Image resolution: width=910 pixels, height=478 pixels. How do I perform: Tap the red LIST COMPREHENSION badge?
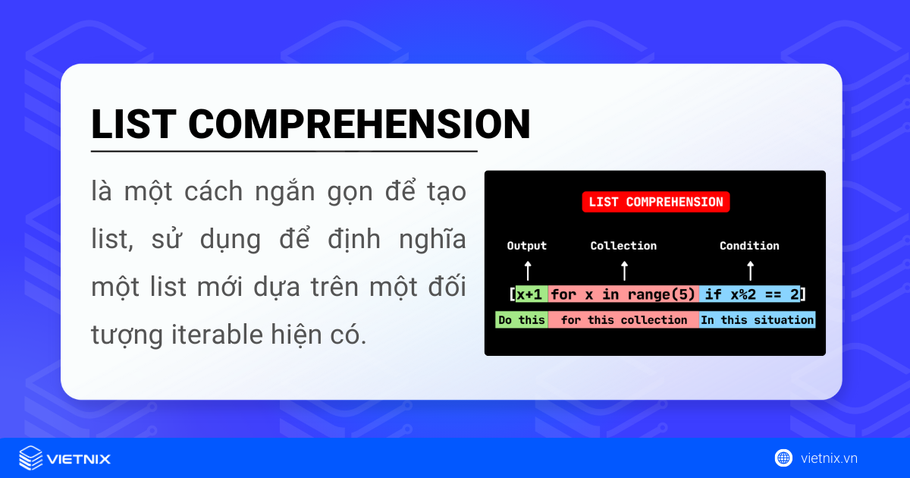(x=655, y=202)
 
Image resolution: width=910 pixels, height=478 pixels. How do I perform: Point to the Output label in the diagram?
(x=526, y=246)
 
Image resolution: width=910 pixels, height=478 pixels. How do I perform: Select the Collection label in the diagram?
(x=623, y=246)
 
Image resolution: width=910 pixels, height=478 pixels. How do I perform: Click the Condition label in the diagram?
(x=749, y=246)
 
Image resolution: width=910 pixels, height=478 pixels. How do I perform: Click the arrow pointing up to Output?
(x=528, y=271)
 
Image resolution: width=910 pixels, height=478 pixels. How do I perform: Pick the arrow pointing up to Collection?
(x=624, y=271)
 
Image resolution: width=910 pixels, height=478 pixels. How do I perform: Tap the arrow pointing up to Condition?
(x=750, y=271)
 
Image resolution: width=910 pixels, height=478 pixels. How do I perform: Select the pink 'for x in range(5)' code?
(x=623, y=294)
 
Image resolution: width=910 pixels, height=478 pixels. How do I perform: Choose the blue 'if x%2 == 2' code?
(x=750, y=294)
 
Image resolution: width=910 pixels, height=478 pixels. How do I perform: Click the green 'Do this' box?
(x=522, y=320)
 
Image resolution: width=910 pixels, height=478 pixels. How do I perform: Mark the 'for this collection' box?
(x=623, y=320)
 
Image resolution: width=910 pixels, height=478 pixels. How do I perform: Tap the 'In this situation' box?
(x=757, y=320)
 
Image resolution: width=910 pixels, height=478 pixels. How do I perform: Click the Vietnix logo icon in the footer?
(x=30, y=458)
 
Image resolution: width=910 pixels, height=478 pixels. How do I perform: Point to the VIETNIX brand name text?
(x=79, y=459)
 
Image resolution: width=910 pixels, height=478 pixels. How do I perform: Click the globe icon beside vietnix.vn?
(x=783, y=458)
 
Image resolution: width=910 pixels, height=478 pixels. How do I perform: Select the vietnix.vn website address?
(x=829, y=458)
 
